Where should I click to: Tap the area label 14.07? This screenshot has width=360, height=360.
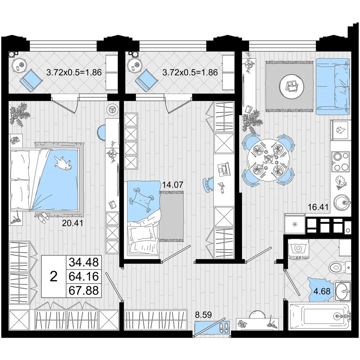click(x=173, y=184)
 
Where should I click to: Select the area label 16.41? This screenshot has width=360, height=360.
click(x=318, y=207)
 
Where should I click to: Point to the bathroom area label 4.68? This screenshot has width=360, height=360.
click(x=322, y=291)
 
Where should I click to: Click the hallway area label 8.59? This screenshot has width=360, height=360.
click(x=203, y=315)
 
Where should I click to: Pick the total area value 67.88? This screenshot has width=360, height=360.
click(x=84, y=290)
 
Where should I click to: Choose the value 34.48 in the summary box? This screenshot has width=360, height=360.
click(x=84, y=262)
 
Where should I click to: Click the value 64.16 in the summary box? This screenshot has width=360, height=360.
click(x=84, y=276)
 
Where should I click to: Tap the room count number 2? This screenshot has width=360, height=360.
click(x=54, y=276)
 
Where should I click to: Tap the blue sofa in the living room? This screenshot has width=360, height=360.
click(x=333, y=86)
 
